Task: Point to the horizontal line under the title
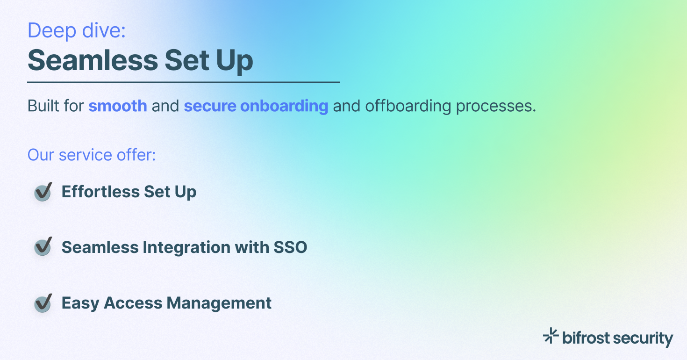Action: [x=183, y=82]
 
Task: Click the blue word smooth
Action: [x=118, y=106]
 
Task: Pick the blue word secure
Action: [x=210, y=106]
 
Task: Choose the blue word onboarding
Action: [x=284, y=106]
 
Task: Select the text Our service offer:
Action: [x=92, y=155]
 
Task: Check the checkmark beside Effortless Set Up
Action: [x=43, y=192]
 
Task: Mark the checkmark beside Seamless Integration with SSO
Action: [x=43, y=247]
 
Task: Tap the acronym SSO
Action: [x=290, y=247]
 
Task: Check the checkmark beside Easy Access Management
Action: [x=43, y=303]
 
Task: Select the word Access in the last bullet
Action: [x=133, y=303]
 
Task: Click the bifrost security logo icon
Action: [x=551, y=336]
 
